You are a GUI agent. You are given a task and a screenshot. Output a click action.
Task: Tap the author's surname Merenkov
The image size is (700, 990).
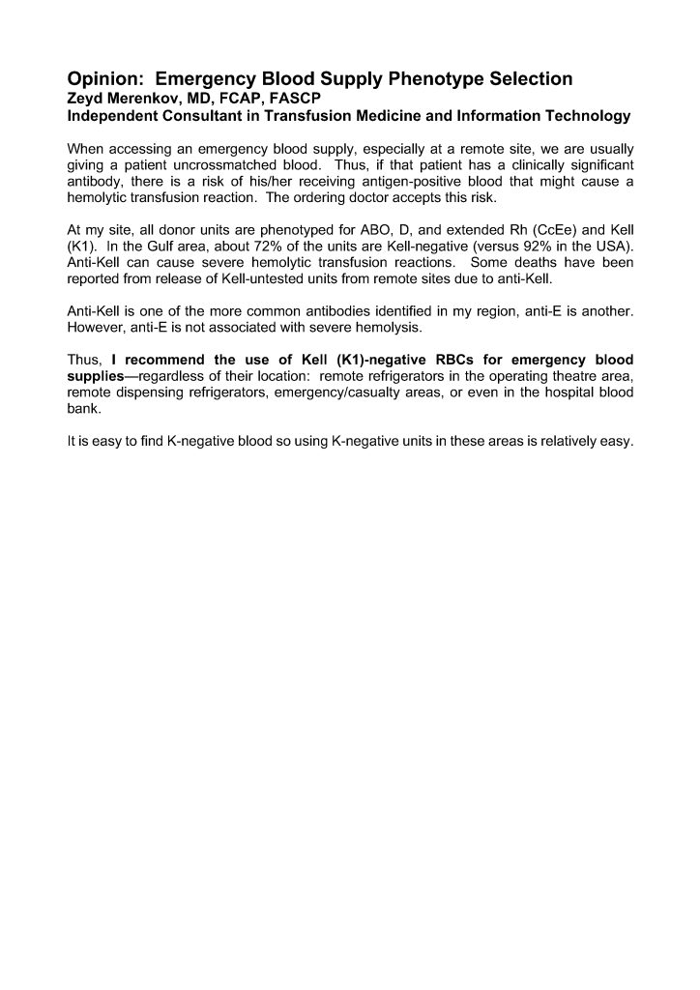(146, 99)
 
